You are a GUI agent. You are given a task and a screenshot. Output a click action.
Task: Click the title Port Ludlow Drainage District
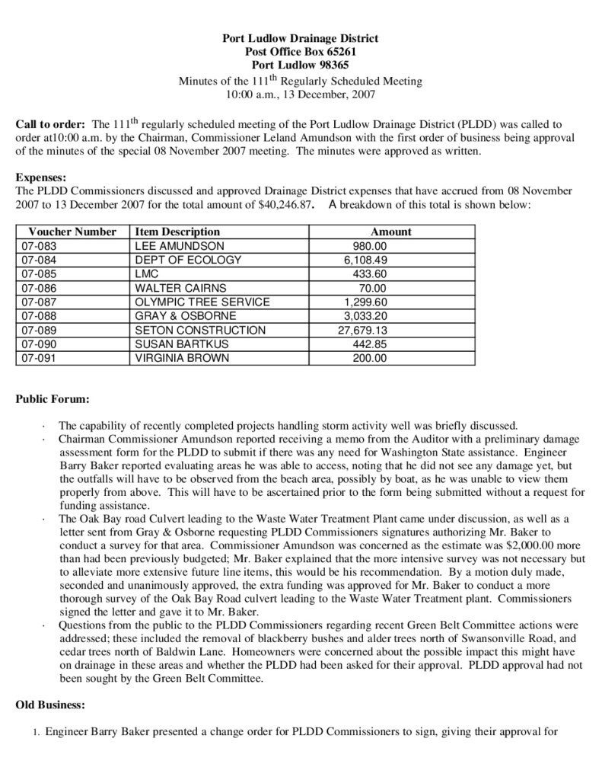click(300, 38)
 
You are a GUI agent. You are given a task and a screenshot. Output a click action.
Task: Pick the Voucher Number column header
click(72, 232)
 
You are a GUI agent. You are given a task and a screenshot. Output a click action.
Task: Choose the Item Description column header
click(177, 232)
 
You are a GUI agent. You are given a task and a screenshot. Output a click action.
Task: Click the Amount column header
click(390, 232)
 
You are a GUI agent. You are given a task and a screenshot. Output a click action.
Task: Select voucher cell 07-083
click(40, 246)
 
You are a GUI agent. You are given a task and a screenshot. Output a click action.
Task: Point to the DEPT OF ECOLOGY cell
click(188, 260)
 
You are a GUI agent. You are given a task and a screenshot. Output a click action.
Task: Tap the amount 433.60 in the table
click(370, 273)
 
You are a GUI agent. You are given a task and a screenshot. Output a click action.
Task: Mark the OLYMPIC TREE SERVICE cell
click(202, 302)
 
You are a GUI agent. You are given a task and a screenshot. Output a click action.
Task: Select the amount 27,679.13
click(362, 330)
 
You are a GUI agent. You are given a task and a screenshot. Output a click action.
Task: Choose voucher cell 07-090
click(40, 344)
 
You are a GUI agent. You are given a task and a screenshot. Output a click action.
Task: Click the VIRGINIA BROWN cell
click(181, 357)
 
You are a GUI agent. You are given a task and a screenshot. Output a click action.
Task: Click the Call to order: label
click(50, 123)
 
